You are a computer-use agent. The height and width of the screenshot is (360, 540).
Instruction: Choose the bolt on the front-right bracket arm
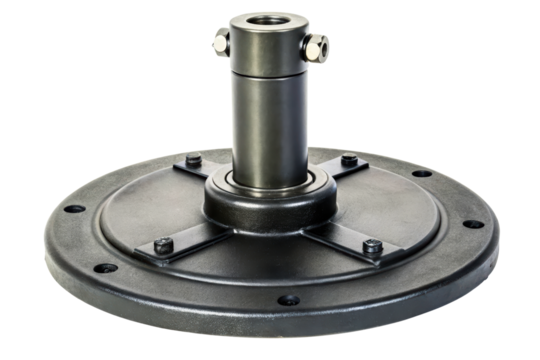[x=370, y=246]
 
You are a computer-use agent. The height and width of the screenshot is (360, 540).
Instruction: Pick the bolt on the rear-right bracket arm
[x=347, y=161]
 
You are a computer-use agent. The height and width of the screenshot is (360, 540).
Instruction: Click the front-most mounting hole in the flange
[x=286, y=298]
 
